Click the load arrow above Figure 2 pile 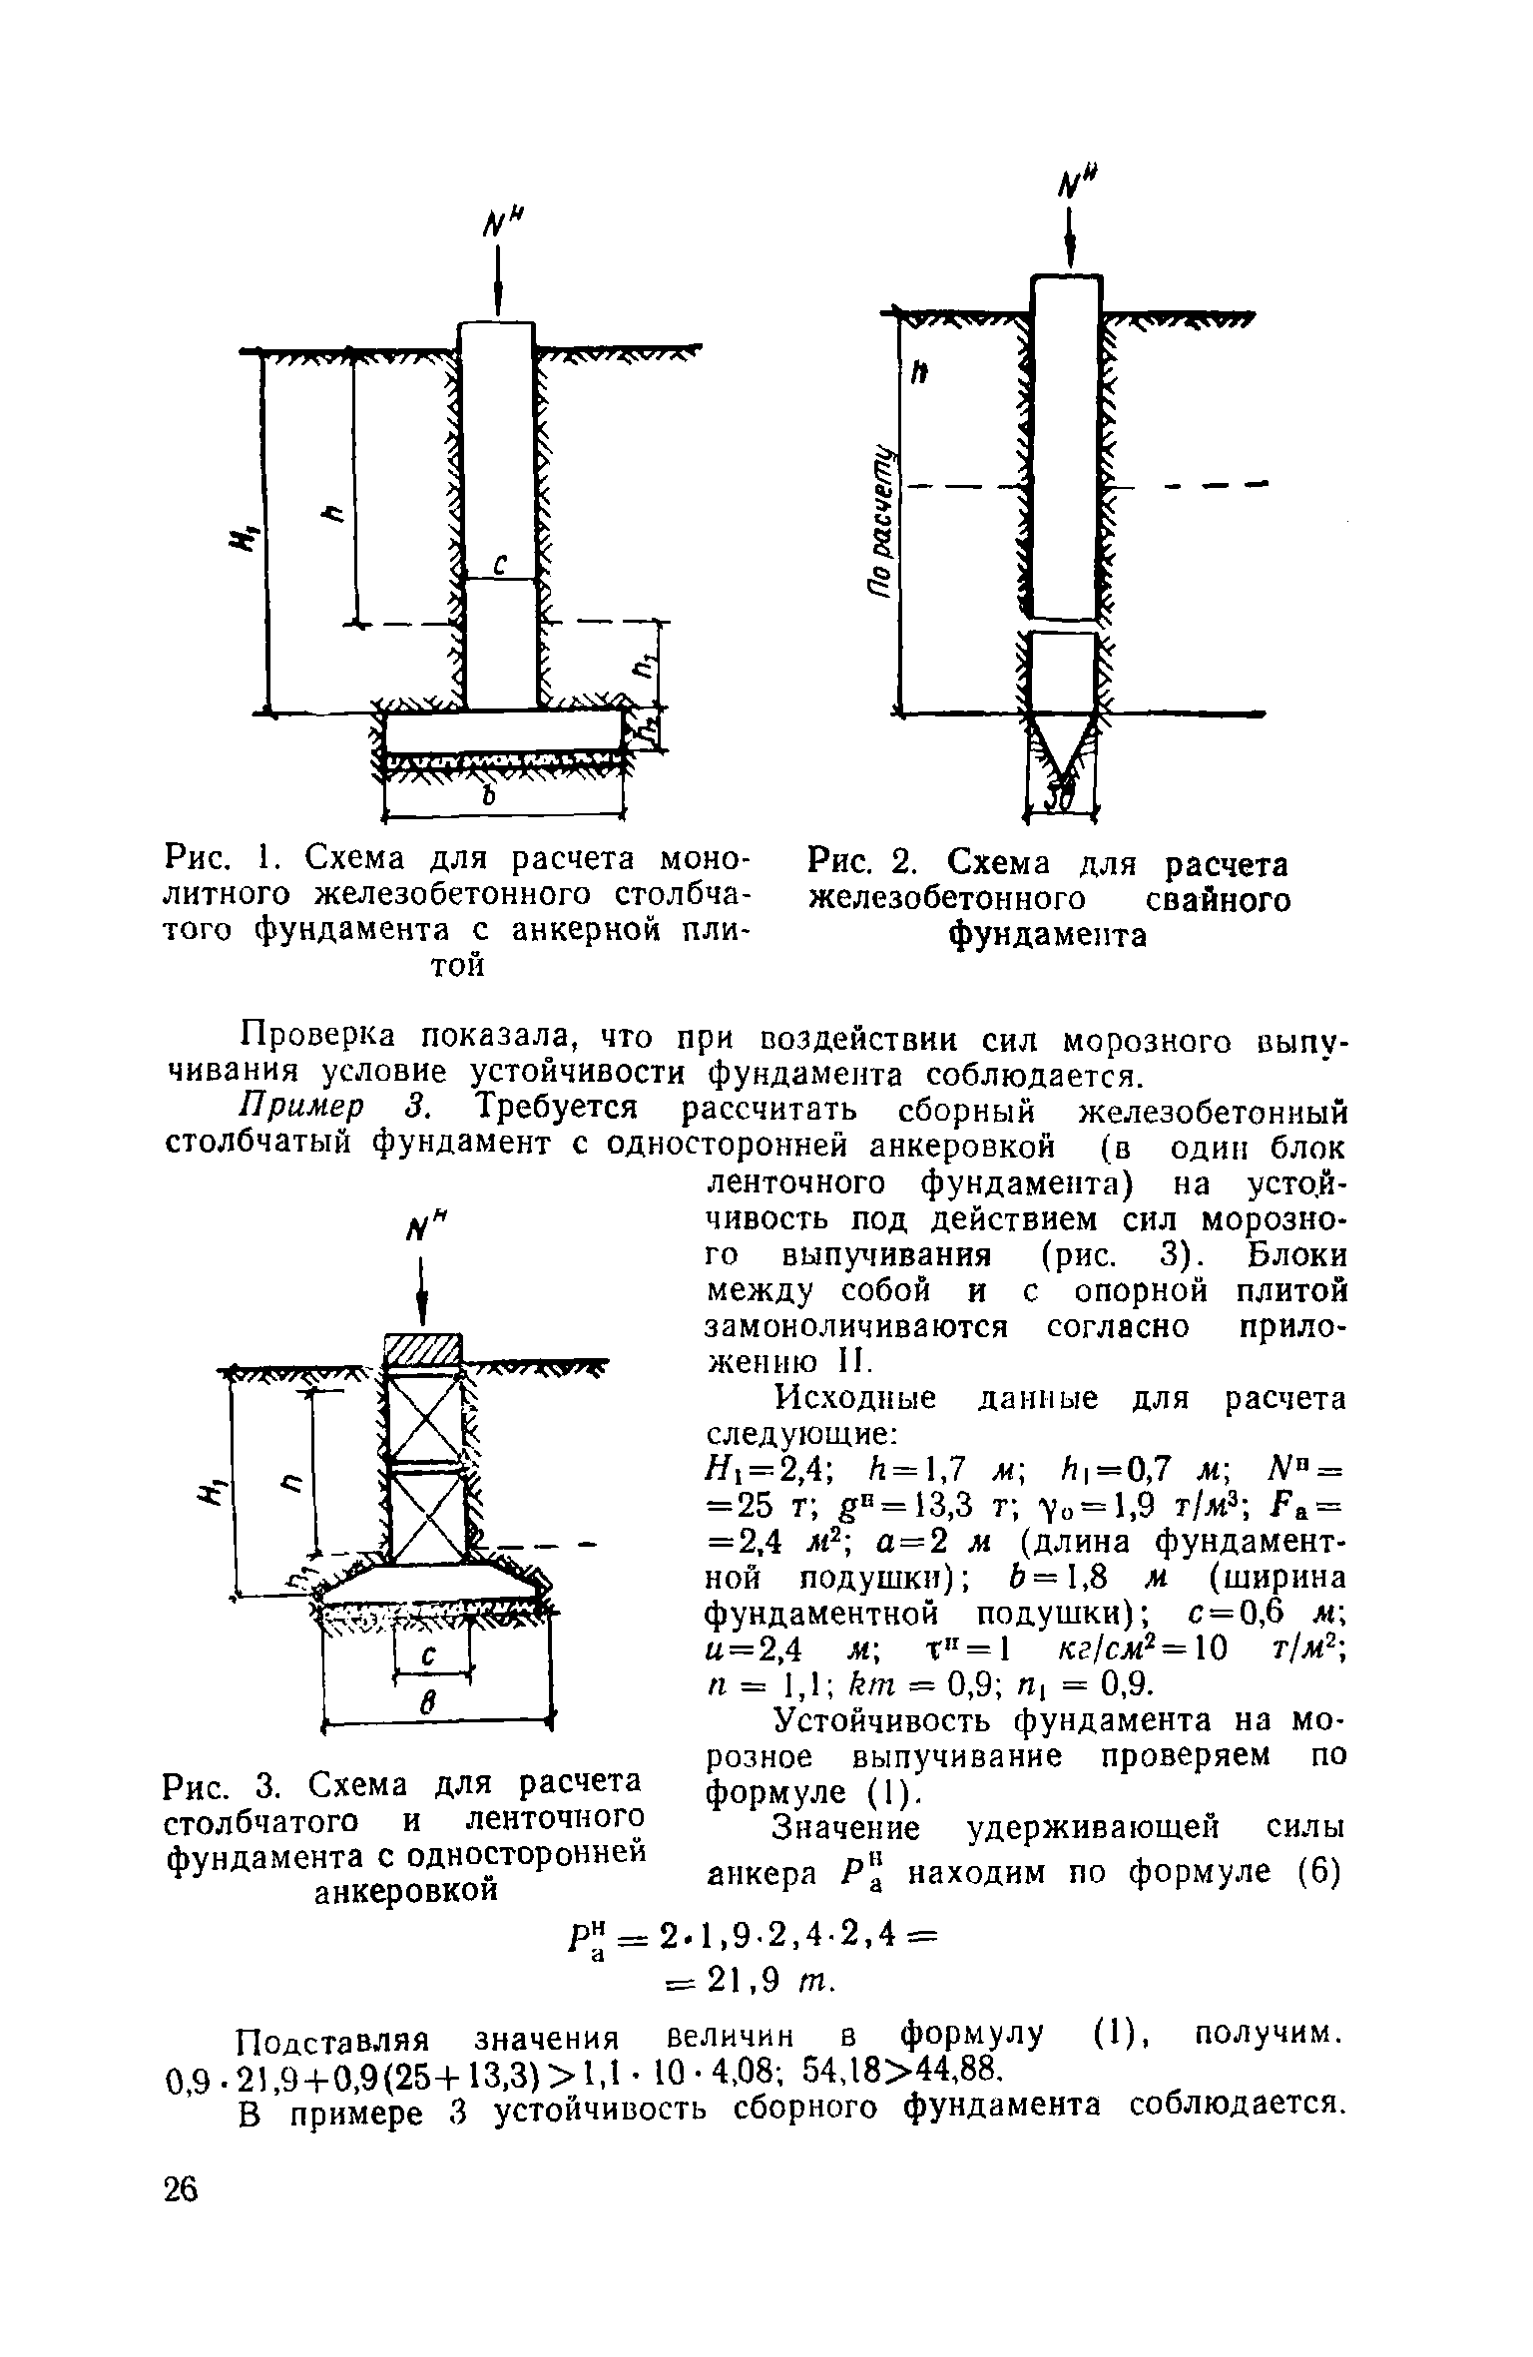(x=1070, y=236)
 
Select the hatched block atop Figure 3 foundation (x=423, y=1353)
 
